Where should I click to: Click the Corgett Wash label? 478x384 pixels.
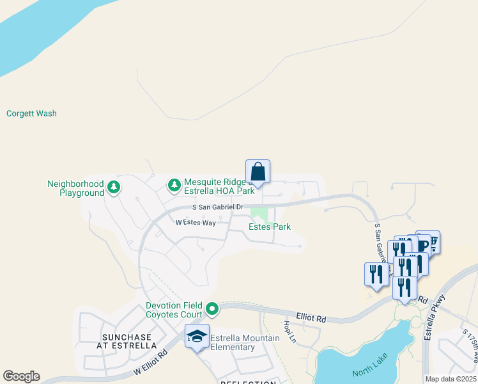pos(31,113)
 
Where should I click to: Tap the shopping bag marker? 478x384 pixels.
pos(258,172)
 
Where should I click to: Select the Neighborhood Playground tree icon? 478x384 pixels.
pos(114,187)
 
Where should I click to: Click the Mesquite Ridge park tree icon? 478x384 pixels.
pos(174,186)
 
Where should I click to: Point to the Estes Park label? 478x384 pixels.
pos(269,227)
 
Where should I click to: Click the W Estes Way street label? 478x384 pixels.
pos(196,223)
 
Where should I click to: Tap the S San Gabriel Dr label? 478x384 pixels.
pos(218,207)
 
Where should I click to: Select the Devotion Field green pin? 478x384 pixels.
pos(212,310)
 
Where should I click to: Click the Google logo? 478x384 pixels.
pos(21,376)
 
